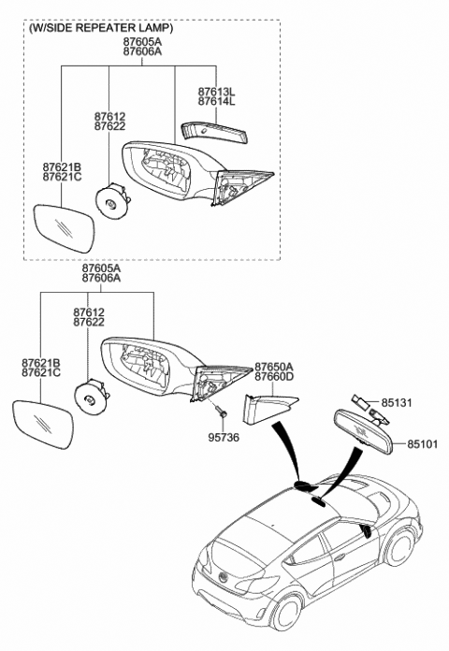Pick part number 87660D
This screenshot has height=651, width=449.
[x=274, y=379]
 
